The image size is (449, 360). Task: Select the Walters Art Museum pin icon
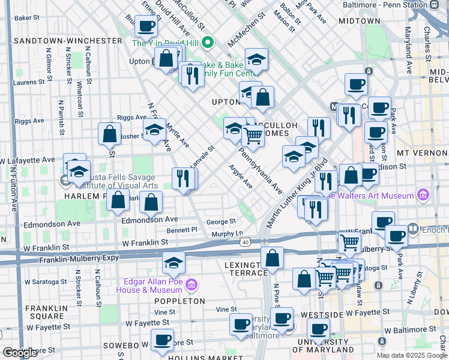click(x=423, y=195)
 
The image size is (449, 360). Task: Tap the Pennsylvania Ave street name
click(x=261, y=172)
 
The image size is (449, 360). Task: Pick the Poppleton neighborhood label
click(x=180, y=301)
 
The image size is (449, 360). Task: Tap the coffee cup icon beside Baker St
click(x=145, y=26)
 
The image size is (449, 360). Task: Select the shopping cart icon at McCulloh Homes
click(x=253, y=136)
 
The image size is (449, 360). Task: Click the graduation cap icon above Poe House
click(x=173, y=262)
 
